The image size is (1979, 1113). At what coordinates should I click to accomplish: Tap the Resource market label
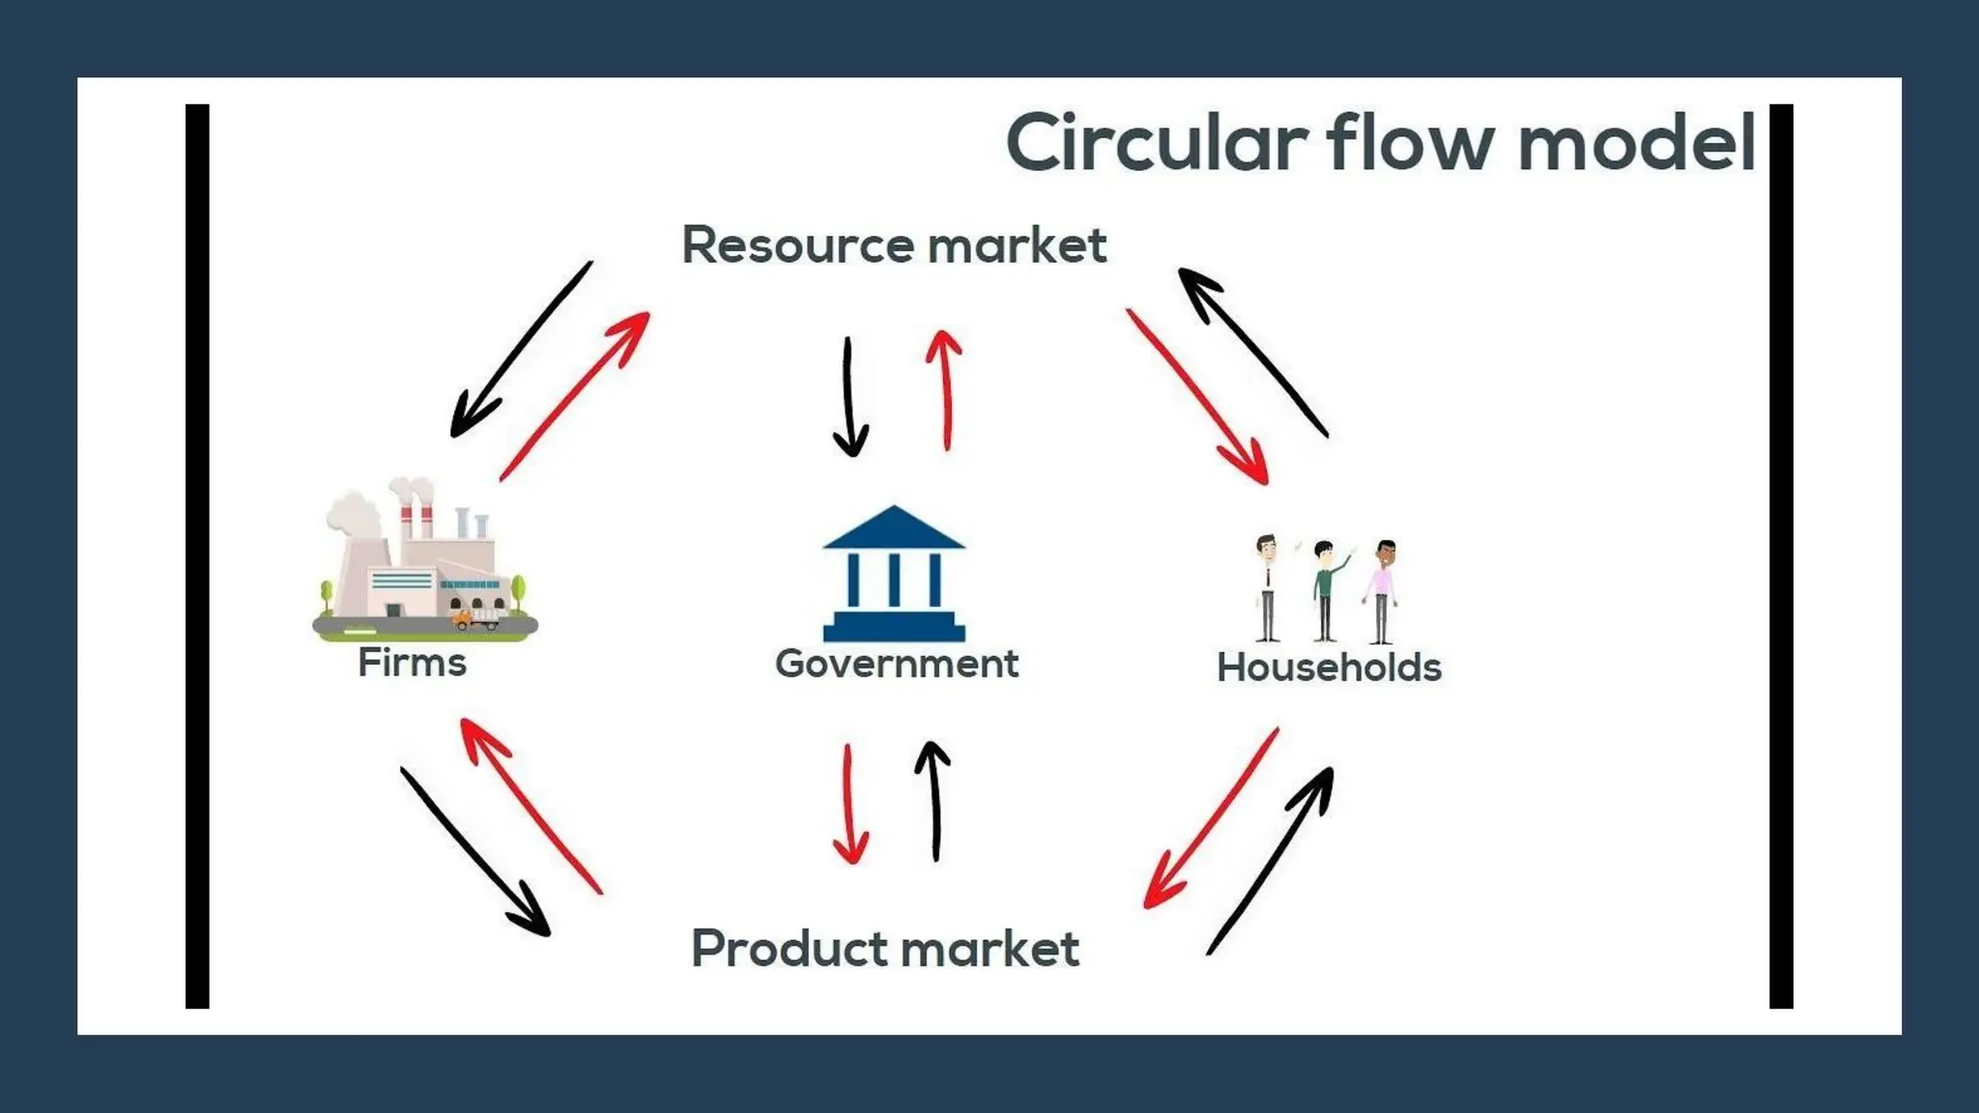click(894, 245)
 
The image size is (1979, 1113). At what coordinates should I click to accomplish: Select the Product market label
click(885, 948)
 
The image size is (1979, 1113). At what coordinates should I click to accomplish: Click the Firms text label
click(413, 663)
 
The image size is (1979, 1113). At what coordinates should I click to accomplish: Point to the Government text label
click(897, 664)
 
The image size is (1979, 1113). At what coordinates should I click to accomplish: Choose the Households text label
click(1329, 668)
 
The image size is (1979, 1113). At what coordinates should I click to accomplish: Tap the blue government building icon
click(894, 574)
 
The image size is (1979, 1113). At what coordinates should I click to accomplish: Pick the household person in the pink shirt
click(1382, 590)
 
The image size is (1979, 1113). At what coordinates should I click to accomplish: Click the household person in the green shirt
click(1326, 590)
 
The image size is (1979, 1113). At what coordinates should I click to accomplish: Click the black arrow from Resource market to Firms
click(522, 349)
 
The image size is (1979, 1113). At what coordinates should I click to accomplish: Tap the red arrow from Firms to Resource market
click(575, 396)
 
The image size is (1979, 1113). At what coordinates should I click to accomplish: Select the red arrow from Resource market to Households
click(1196, 396)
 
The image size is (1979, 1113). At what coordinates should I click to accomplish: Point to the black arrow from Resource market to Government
click(848, 397)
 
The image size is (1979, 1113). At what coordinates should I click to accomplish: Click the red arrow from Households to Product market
click(1212, 817)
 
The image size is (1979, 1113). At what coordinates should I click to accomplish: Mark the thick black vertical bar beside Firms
click(197, 556)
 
